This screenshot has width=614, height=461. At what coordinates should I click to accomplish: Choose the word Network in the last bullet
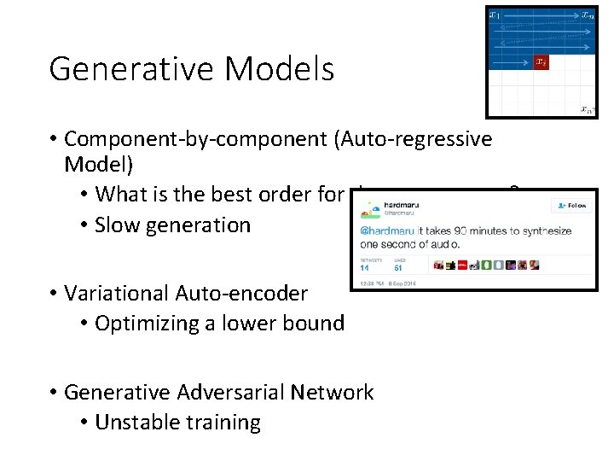click(x=332, y=392)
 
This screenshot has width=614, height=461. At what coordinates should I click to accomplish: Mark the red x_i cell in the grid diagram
click(x=541, y=62)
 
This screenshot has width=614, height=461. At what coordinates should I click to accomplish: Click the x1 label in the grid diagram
click(x=494, y=15)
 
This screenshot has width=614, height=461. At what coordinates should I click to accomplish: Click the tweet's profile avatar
click(x=368, y=207)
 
